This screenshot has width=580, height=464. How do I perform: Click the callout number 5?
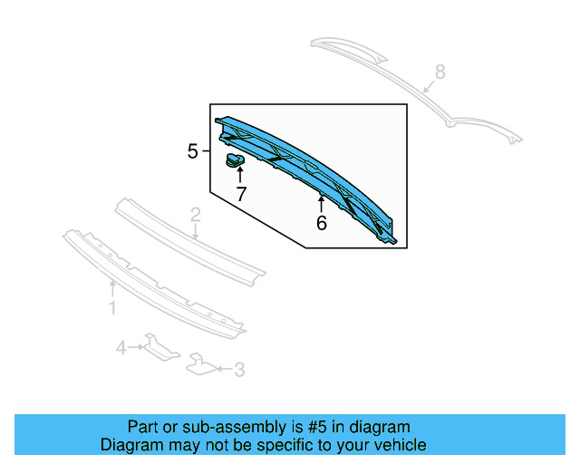tap(192, 151)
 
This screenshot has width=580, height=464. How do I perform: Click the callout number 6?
tap(322, 222)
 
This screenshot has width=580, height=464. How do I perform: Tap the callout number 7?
tap(241, 193)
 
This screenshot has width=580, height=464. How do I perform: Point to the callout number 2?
tap(195, 216)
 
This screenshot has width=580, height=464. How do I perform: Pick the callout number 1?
tap(112, 309)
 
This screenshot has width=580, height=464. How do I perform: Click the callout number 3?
tap(239, 369)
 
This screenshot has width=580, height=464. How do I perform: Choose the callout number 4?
tap(121, 346)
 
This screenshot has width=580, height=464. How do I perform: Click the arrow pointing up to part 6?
tap(321, 201)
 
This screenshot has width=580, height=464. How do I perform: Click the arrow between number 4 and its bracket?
tap(136, 346)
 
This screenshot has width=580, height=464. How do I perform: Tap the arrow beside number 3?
tap(222, 369)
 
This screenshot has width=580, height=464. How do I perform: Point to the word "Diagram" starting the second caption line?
tap(130, 445)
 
